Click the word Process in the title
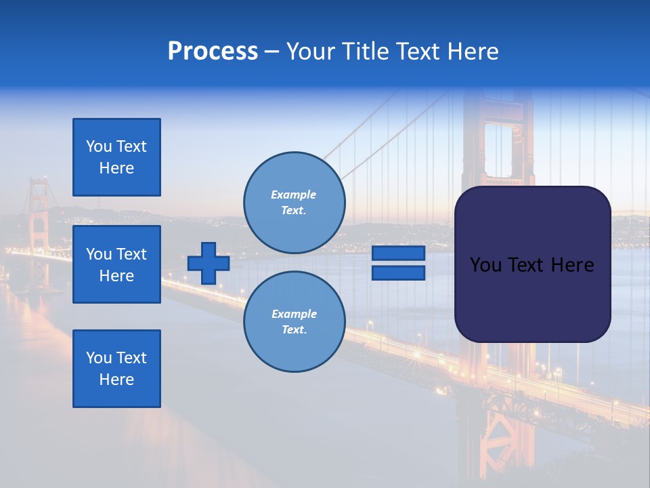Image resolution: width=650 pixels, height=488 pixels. coord(213,52)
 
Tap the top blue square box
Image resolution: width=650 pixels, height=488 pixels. coord(116,157)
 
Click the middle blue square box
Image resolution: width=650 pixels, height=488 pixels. coord(116,264)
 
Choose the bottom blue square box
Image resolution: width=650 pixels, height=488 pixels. coord(116,368)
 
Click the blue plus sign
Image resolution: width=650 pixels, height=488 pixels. coord(209,263)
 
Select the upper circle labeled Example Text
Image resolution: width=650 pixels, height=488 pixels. coord(294,202)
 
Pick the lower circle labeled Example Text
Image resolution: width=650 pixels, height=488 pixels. coord(294,321)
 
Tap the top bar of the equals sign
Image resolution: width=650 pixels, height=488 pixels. coord(398,253)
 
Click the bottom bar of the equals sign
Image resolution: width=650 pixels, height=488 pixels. coord(398,272)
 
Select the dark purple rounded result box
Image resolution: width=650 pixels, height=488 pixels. coord(532,264)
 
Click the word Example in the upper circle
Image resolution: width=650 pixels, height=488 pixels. coord(293,195)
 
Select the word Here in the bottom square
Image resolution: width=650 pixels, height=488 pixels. coord(116,380)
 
